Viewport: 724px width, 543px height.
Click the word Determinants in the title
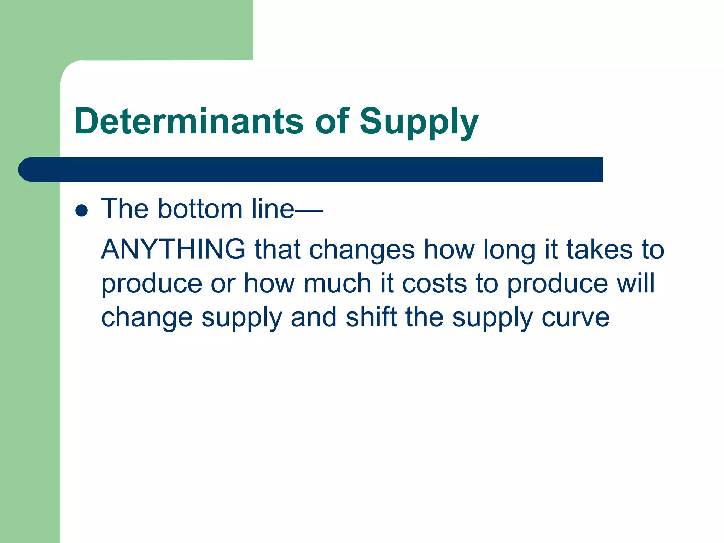(189, 121)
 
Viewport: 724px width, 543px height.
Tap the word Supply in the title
(419, 122)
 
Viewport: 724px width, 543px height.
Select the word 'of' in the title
(332, 121)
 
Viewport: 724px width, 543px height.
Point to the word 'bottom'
(200, 209)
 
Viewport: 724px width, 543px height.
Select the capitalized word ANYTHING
(173, 249)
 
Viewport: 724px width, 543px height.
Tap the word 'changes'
(362, 250)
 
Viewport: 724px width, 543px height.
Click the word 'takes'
(600, 250)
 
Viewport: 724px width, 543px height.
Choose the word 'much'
(337, 284)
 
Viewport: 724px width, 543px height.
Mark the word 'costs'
(434, 284)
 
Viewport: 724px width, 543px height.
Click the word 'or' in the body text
(223, 284)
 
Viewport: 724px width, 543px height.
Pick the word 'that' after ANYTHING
(277, 250)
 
